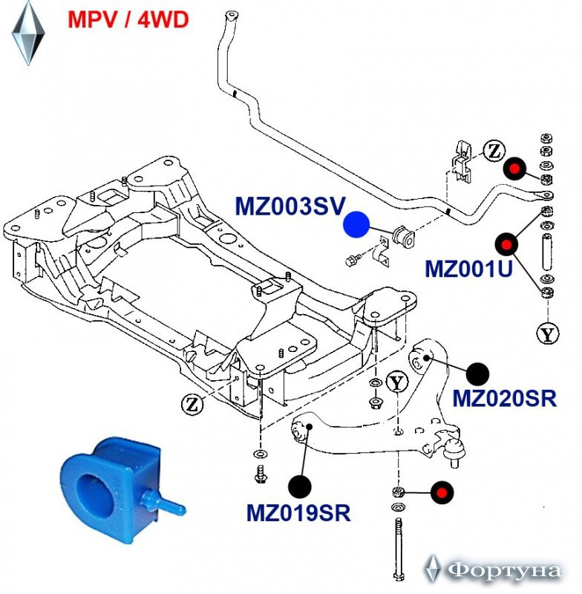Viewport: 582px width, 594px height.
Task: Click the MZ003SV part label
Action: [290, 206]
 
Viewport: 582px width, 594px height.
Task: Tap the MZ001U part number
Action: [468, 269]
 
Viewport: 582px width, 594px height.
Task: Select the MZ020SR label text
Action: [505, 398]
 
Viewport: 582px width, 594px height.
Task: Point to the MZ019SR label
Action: [298, 513]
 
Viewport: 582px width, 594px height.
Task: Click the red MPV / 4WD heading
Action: [128, 20]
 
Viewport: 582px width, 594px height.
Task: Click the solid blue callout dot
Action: [356, 225]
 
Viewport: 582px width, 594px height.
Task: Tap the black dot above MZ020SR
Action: [478, 374]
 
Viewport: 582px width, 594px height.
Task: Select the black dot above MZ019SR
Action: [300, 487]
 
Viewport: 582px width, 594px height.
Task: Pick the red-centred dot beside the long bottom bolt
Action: [442, 493]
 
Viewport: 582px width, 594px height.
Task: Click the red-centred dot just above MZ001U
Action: [506, 244]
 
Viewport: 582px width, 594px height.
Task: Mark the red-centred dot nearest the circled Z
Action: [514, 168]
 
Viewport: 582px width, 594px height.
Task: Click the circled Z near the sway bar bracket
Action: [494, 151]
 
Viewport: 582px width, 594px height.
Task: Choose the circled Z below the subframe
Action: [192, 405]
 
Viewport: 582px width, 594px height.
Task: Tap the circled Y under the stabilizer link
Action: [548, 333]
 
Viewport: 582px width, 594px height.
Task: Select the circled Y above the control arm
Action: [397, 382]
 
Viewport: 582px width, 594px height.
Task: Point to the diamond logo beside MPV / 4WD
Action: [28, 33]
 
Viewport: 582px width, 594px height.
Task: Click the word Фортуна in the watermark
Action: [503, 570]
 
